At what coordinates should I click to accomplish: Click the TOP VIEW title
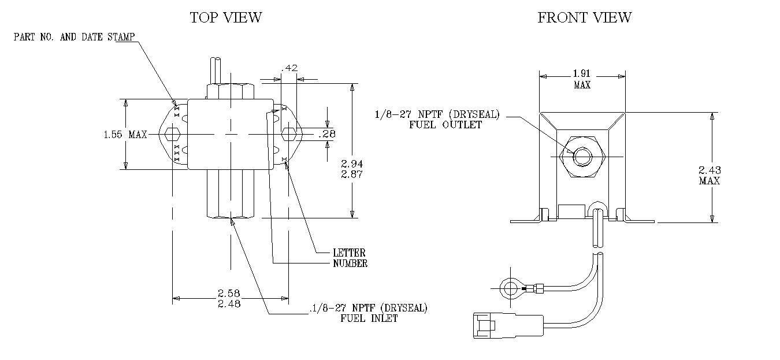tap(226, 17)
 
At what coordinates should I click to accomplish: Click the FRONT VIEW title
tap(585, 17)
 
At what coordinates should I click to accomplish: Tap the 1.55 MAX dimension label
tap(125, 135)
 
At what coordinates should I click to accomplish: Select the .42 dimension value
tap(289, 68)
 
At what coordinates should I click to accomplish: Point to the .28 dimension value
tap(327, 133)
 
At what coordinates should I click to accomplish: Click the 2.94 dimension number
tap(352, 164)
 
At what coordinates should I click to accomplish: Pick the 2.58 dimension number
tap(229, 293)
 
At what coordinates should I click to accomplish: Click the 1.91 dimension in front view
tap(582, 74)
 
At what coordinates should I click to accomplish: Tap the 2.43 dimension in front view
tap(710, 170)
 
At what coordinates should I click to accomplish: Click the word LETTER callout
tap(349, 253)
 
